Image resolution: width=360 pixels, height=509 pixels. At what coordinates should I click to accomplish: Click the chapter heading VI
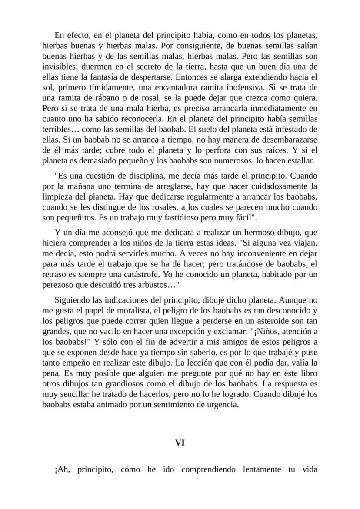(x=180, y=443)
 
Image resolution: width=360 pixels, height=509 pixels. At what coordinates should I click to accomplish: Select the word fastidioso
(x=182, y=217)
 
